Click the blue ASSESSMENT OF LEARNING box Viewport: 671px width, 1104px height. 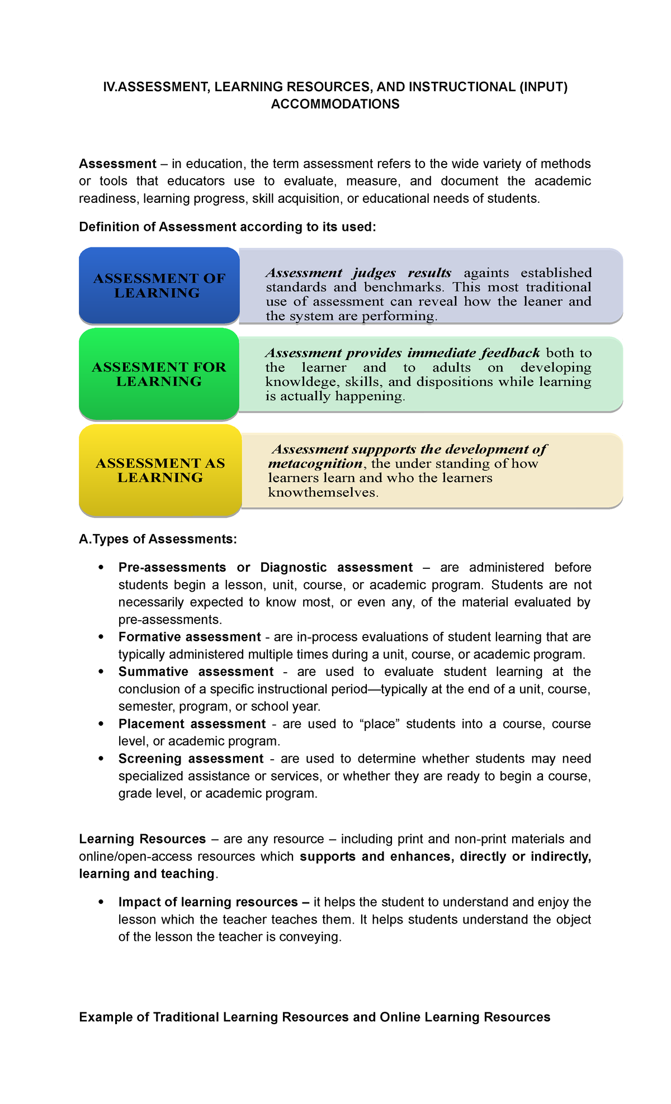(x=159, y=285)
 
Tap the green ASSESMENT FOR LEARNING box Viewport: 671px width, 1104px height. (x=159, y=374)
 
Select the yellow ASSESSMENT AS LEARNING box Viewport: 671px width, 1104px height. (x=160, y=470)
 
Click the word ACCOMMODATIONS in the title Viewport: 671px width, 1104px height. (x=335, y=104)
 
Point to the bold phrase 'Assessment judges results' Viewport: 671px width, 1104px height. (x=358, y=273)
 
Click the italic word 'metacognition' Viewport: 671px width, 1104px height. (x=315, y=464)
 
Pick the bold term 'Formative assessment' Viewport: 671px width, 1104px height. (x=190, y=637)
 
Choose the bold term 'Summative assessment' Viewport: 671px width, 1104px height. (x=196, y=672)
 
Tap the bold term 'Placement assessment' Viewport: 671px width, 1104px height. (x=192, y=724)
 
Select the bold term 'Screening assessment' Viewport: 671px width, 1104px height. (x=191, y=759)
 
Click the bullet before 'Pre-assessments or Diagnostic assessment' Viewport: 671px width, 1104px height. (x=101, y=568)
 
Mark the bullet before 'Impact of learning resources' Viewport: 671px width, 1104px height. (x=101, y=902)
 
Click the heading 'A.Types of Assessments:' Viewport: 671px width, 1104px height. (x=158, y=539)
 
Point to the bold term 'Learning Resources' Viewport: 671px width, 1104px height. (x=143, y=839)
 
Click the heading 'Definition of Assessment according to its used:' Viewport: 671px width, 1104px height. (x=228, y=227)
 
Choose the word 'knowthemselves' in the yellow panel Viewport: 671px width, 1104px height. (x=323, y=493)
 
